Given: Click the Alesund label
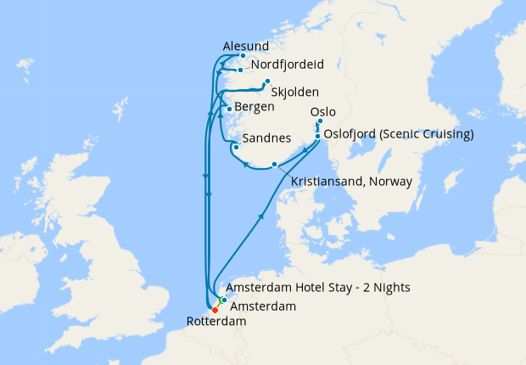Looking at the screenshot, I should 246,46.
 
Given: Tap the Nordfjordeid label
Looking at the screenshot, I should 288,65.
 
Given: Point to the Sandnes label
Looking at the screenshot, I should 267,138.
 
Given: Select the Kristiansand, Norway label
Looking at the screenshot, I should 351,182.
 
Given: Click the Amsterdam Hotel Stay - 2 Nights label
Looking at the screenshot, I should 320,288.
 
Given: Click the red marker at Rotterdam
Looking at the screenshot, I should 215,310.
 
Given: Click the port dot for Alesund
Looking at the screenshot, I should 243,56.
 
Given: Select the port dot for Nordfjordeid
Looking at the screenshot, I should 241,70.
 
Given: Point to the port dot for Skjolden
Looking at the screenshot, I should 267,82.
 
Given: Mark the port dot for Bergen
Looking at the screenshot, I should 229,109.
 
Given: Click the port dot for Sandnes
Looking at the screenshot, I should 235,147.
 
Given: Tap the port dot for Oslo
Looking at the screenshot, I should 320,121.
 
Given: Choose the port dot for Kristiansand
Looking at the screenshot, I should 274,164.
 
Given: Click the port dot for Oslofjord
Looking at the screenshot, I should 317,135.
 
